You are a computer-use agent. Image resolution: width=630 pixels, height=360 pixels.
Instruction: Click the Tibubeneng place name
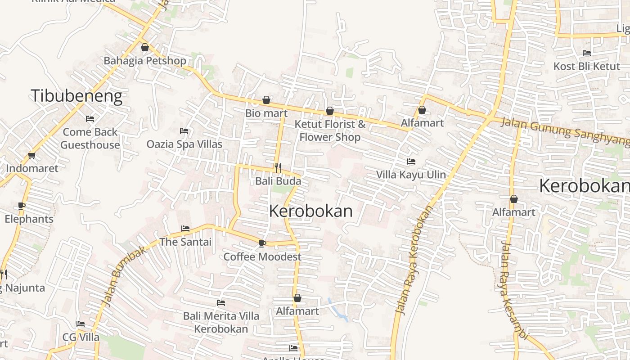tap(76, 96)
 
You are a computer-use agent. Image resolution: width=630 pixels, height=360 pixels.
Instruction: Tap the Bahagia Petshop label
tap(145, 61)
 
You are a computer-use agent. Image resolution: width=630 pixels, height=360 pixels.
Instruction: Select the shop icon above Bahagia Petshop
tap(145, 47)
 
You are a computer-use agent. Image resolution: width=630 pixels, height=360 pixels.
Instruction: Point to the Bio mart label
tap(266, 113)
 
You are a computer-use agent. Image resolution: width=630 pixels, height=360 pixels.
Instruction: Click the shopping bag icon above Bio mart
tap(266, 100)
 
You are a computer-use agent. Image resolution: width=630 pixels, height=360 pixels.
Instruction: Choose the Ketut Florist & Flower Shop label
tap(330, 130)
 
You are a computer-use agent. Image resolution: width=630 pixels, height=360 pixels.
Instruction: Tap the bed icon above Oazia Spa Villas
tap(184, 131)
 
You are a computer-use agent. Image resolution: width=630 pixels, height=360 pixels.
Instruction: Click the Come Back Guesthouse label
tap(90, 139)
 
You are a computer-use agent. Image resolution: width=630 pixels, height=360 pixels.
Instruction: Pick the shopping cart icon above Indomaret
tap(31, 156)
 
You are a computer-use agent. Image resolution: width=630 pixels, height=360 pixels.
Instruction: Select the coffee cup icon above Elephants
tap(22, 206)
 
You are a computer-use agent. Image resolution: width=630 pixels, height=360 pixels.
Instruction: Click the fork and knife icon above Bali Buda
tap(278, 168)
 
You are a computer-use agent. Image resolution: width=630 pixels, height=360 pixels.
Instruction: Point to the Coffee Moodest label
tap(262, 257)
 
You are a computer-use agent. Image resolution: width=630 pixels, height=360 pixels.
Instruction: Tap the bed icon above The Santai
tap(185, 229)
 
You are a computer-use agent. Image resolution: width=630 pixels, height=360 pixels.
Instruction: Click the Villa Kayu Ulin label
tap(411, 175)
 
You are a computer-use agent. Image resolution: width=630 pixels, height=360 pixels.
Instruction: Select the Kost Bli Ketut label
tap(587, 67)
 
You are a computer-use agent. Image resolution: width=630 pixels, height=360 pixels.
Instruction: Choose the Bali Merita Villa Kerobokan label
tap(221, 322)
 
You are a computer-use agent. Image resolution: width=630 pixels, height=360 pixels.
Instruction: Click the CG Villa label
tap(81, 337)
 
